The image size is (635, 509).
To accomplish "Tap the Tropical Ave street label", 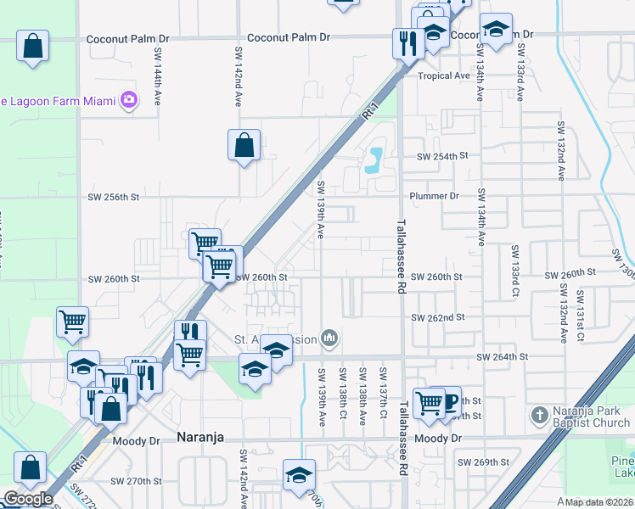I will pyautogui.click(x=443, y=76).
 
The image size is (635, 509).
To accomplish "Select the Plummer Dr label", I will pyautogui.click(x=434, y=196).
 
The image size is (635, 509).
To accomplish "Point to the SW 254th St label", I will pyautogui.click(x=441, y=157).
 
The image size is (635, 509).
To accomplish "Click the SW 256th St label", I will pyautogui.click(x=113, y=197).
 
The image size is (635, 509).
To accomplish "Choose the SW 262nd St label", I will pyautogui.click(x=438, y=317).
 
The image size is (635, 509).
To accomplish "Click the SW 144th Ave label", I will pyautogui.click(x=158, y=76).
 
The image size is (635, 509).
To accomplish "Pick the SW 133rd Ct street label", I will pyautogui.click(x=514, y=271).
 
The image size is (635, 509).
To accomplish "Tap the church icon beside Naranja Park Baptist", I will pyautogui.click(x=537, y=416).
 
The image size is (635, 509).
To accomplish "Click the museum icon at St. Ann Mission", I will pyautogui.click(x=330, y=339).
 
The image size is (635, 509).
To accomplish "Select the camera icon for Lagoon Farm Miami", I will pyautogui.click(x=129, y=101).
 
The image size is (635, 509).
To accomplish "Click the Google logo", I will pyautogui.click(x=28, y=499).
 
